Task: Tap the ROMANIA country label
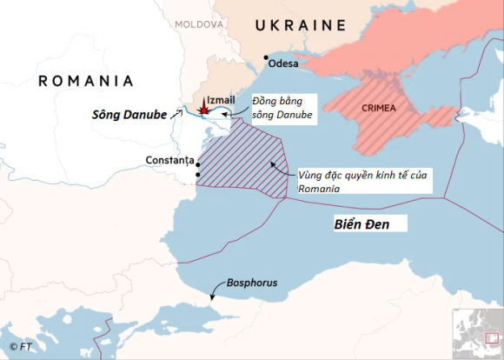[x=86, y=81]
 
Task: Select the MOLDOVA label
[x=198, y=23]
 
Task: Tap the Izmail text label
[x=223, y=100]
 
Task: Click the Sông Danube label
[x=130, y=114]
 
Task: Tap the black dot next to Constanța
[x=198, y=163]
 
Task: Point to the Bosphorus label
[x=252, y=283]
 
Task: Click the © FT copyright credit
[x=21, y=348]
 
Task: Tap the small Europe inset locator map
[x=476, y=333]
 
